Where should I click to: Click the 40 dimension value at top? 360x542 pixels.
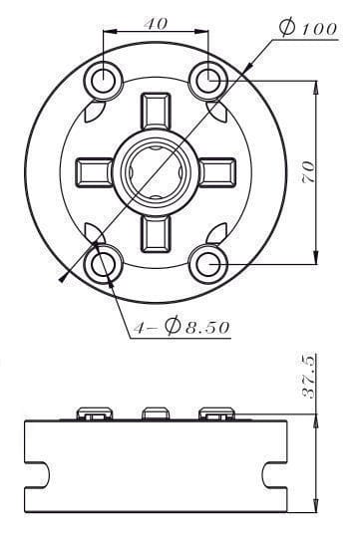(x=155, y=23)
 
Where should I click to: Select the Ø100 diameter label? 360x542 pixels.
(x=308, y=29)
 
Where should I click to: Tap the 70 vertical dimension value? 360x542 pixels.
(x=310, y=170)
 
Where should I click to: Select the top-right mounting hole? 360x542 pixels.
(x=207, y=79)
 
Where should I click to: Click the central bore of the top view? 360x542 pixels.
(x=155, y=170)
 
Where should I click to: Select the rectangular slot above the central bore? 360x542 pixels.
(x=155, y=113)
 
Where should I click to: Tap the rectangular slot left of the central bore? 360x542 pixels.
(x=96, y=170)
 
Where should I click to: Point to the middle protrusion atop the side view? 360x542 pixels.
(x=155, y=413)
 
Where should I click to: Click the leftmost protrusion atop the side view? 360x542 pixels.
(x=96, y=413)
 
